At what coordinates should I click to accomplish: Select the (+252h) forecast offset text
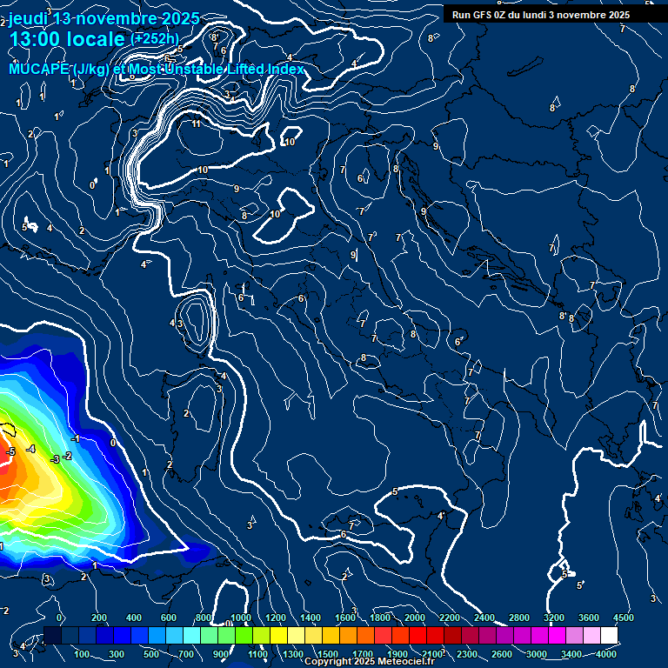coord(154,38)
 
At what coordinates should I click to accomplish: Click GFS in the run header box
coord(483,15)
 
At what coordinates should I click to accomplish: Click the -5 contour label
coord(10,451)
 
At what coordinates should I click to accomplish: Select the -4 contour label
coord(30,449)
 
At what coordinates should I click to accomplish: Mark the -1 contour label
coord(76,439)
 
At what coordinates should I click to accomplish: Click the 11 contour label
coord(196,124)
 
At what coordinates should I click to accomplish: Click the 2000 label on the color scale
coord(415,617)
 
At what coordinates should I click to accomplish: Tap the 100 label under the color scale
coord(83,653)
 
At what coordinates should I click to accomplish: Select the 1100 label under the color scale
coord(258,653)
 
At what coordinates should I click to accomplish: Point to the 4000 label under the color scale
coord(607,653)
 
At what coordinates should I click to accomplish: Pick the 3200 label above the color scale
coord(554,617)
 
